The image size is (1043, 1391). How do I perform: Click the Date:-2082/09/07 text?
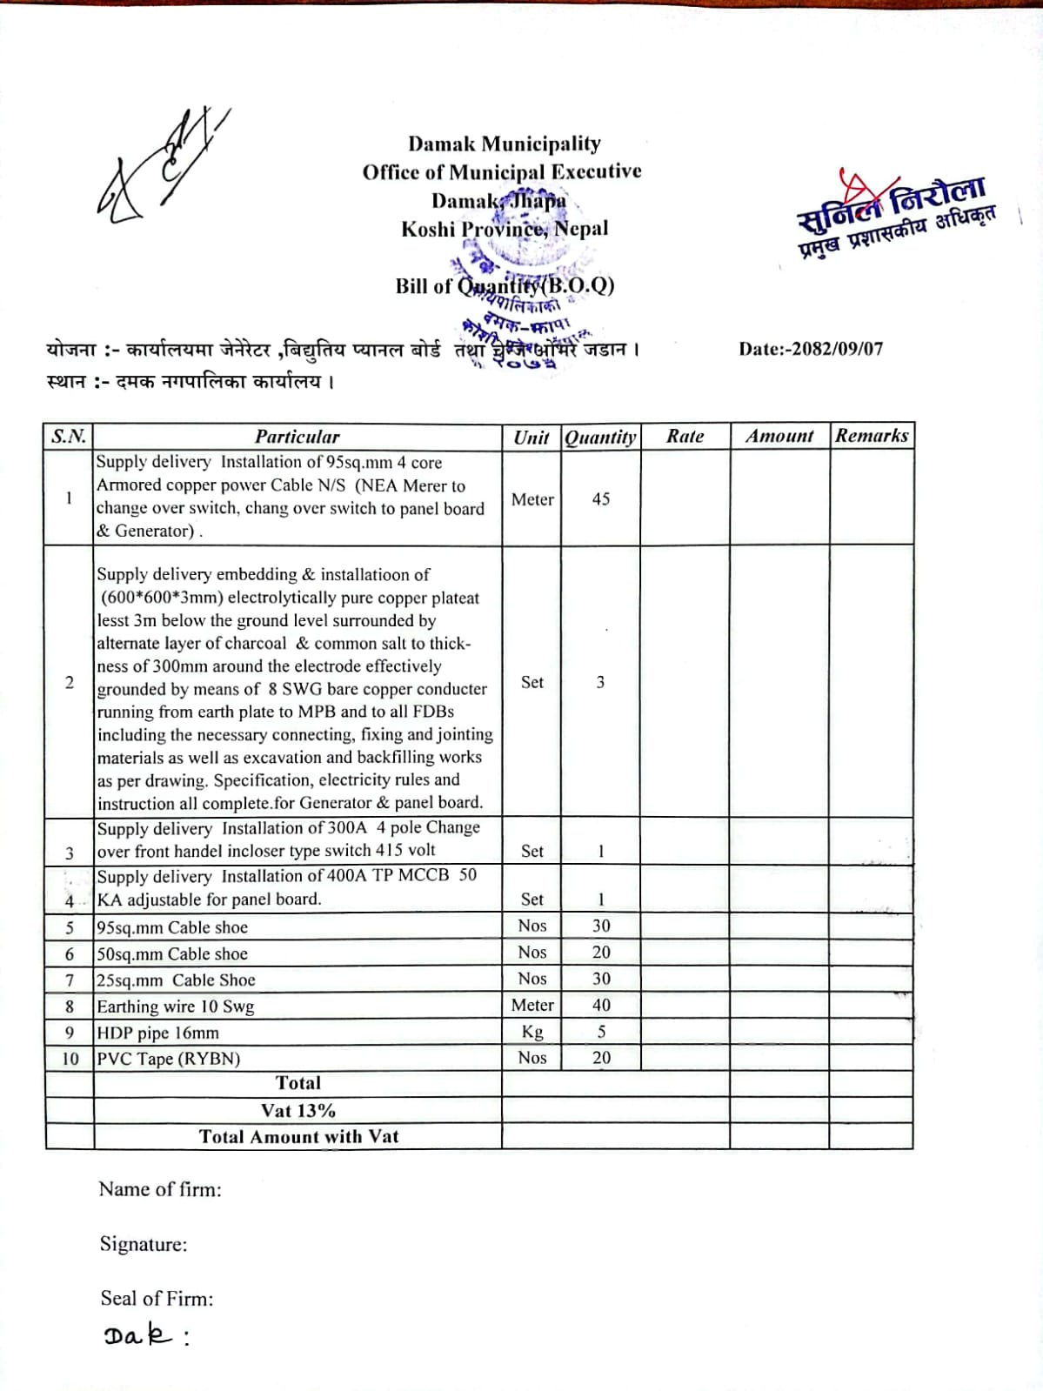tap(811, 349)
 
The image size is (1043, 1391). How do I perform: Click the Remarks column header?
tap(872, 436)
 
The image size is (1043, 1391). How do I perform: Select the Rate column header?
tap(685, 437)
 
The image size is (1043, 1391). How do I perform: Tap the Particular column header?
tap(298, 437)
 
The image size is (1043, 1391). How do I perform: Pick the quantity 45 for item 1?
tap(600, 499)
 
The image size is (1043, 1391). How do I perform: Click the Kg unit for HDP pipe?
tap(532, 1032)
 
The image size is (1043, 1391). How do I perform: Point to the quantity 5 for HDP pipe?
tap(601, 1032)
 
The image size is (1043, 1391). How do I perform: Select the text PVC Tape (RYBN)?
tap(169, 1059)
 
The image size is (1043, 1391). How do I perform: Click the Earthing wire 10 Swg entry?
tap(176, 1006)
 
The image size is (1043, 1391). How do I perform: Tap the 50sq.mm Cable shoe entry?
tap(172, 954)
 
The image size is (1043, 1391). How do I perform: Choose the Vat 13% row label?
tap(298, 1111)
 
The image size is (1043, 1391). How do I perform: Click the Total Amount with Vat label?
tap(298, 1137)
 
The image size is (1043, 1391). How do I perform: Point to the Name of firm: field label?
tap(160, 1189)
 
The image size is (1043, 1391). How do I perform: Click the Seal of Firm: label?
tap(157, 1299)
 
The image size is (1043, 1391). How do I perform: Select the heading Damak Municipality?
tap(505, 144)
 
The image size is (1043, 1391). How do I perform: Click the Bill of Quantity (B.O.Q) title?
tap(505, 285)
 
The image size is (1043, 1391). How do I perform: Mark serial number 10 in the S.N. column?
tap(70, 1059)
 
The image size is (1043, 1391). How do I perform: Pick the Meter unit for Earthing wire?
tap(532, 1006)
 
